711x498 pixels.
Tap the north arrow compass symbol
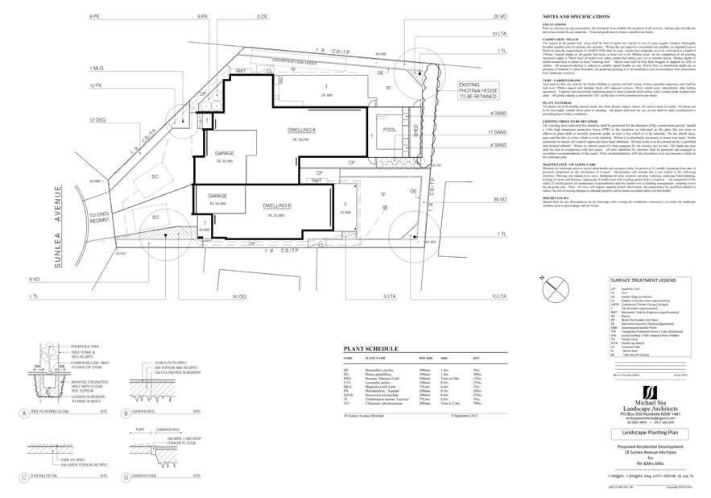click(x=553, y=286)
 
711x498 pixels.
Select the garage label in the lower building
click(x=218, y=201)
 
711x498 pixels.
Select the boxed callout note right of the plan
click(x=475, y=90)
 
